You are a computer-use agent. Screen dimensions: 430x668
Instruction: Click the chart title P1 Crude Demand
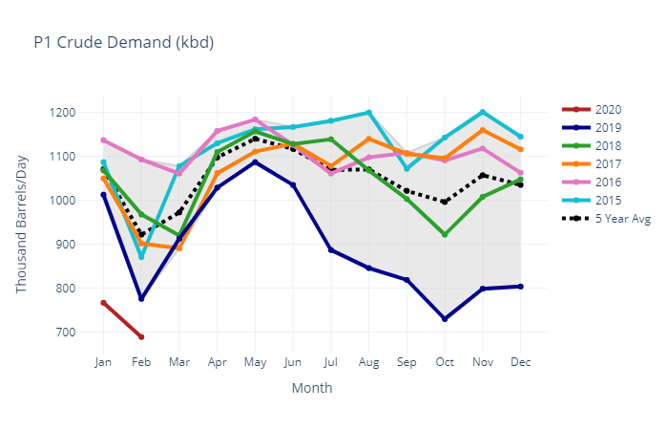tap(123, 43)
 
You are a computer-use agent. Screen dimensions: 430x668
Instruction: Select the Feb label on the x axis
tap(141, 363)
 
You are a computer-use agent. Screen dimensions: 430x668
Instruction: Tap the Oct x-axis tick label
tap(445, 363)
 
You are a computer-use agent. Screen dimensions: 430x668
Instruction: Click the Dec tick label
tap(520, 363)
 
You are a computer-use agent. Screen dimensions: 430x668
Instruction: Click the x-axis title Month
tap(312, 389)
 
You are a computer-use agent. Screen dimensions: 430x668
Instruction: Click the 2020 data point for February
tap(141, 337)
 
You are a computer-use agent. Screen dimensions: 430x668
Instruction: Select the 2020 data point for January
tap(103, 303)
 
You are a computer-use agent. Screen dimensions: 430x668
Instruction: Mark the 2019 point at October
tap(445, 319)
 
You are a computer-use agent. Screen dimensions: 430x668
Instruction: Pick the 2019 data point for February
tap(141, 299)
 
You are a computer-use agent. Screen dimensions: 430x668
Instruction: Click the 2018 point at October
tap(445, 234)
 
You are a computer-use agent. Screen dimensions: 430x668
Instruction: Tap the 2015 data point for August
tap(368, 113)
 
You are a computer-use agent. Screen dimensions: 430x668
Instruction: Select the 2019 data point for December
tap(520, 287)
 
